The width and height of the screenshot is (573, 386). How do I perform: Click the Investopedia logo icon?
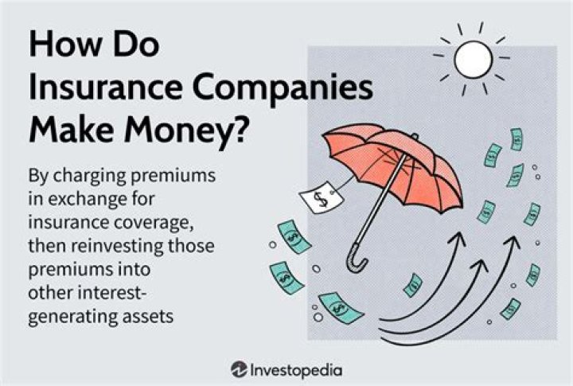tap(239, 368)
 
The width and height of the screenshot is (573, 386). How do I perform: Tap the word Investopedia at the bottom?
tap(297, 368)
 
